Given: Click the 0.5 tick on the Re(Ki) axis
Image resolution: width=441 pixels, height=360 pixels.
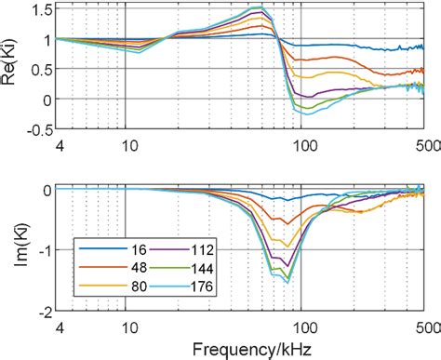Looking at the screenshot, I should click(x=38, y=69).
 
